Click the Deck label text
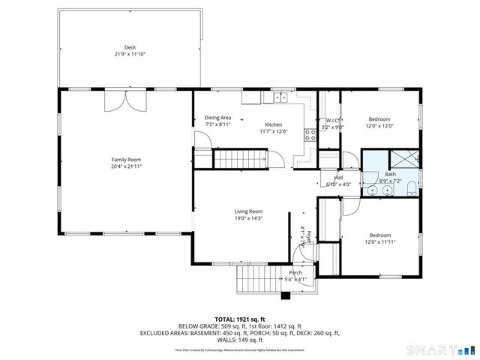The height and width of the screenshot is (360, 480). point(130,46)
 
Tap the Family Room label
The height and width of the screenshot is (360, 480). point(126,160)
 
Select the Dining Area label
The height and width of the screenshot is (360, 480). point(217,118)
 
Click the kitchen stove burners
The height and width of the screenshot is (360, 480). point(307,136)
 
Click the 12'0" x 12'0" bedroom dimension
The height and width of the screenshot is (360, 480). point(379,126)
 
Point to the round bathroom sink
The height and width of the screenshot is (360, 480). point(385,190)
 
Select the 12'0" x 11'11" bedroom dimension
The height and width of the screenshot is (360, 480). point(379,241)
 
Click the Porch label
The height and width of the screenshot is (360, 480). point(295,272)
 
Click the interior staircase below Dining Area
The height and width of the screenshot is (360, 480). point(241,159)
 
